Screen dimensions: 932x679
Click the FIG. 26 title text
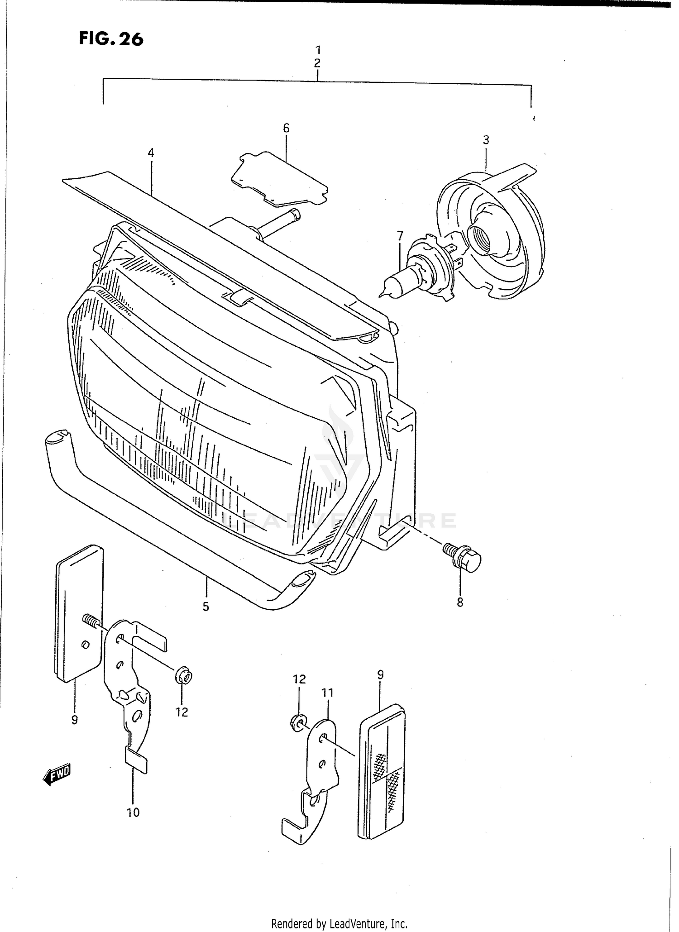tap(111, 39)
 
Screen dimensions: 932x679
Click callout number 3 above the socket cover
tap(486, 140)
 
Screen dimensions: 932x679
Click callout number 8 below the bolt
tap(460, 602)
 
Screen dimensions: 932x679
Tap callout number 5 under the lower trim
tap(206, 607)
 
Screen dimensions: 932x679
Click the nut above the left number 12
tap(183, 677)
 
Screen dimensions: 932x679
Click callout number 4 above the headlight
tap(151, 153)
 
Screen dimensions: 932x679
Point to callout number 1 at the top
tap(318, 50)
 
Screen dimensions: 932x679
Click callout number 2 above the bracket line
tap(317, 63)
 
